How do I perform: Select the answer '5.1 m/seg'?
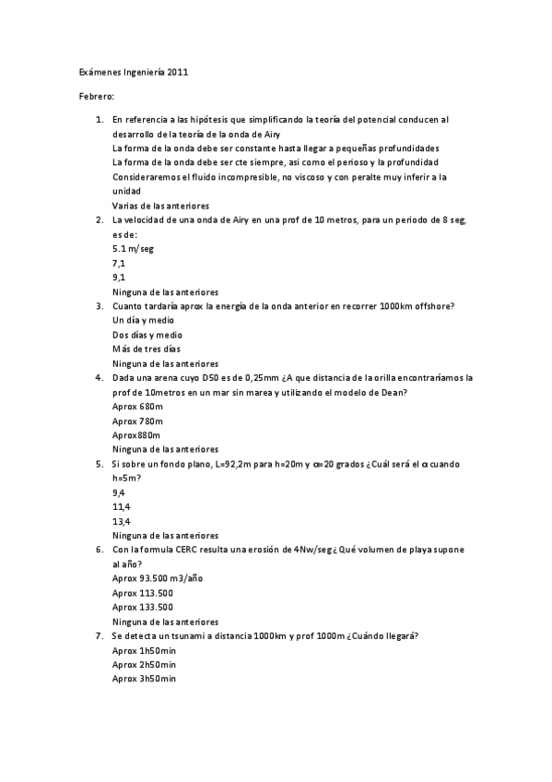[132, 248]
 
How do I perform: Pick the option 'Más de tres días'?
[146, 350]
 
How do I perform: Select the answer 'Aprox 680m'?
[137, 407]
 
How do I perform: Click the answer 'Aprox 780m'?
[137, 421]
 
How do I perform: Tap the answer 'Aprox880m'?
[136, 435]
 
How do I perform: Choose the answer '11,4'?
[121, 507]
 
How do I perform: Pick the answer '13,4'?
[121, 521]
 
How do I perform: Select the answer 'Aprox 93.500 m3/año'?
[157, 578]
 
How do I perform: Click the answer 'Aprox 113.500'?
[143, 593]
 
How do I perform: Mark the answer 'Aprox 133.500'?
[143, 608]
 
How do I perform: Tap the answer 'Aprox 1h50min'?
[144, 650]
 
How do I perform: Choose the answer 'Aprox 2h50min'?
[144, 665]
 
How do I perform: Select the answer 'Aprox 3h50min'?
[144, 680]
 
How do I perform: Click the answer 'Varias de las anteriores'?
[160, 206]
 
